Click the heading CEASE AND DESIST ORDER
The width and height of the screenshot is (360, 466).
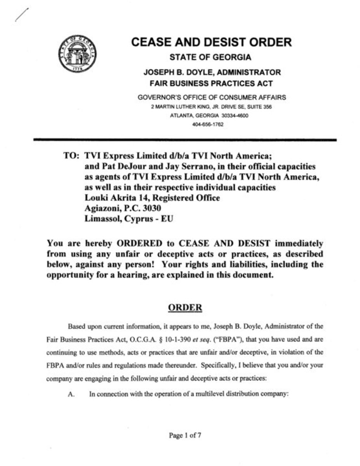point(211,42)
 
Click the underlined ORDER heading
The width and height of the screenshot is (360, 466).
point(185,308)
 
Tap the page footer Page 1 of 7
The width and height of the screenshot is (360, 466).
point(185,435)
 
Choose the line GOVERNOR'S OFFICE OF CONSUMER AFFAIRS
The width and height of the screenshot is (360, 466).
point(211,97)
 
